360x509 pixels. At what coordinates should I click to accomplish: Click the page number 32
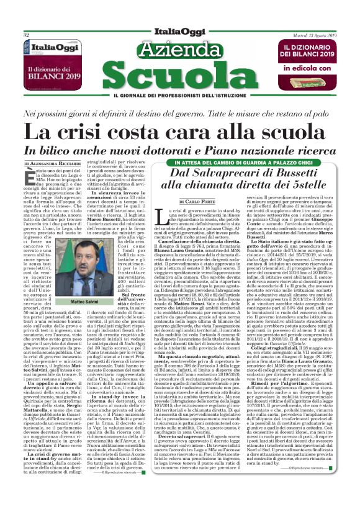[27, 35]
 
